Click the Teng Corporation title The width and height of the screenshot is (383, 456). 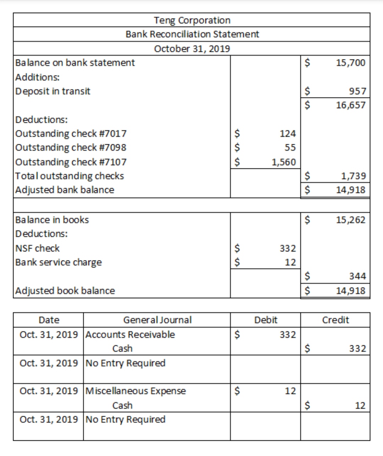click(x=192, y=20)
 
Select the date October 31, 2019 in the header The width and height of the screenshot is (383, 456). click(x=192, y=49)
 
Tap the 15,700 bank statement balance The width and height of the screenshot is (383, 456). click(x=350, y=63)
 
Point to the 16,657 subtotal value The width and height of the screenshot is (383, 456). click(x=350, y=105)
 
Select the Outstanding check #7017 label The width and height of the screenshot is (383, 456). click(x=71, y=134)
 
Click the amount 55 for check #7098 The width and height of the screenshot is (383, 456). click(x=290, y=148)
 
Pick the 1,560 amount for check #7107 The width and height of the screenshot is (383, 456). click(x=283, y=162)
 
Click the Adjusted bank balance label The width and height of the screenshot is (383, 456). click(x=65, y=190)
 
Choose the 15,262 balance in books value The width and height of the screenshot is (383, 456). click(x=350, y=220)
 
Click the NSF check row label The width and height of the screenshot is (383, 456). click(x=37, y=248)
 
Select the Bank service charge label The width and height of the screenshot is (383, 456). click(x=59, y=262)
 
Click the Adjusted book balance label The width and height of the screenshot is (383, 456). click(x=65, y=291)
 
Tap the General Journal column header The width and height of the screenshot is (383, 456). click(x=157, y=320)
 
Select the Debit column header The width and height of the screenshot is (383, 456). click(x=266, y=320)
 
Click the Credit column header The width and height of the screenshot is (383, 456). click(x=335, y=320)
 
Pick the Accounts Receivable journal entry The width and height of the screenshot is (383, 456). click(x=130, y=334)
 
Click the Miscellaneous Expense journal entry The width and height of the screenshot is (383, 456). click(x=135, y=391)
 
